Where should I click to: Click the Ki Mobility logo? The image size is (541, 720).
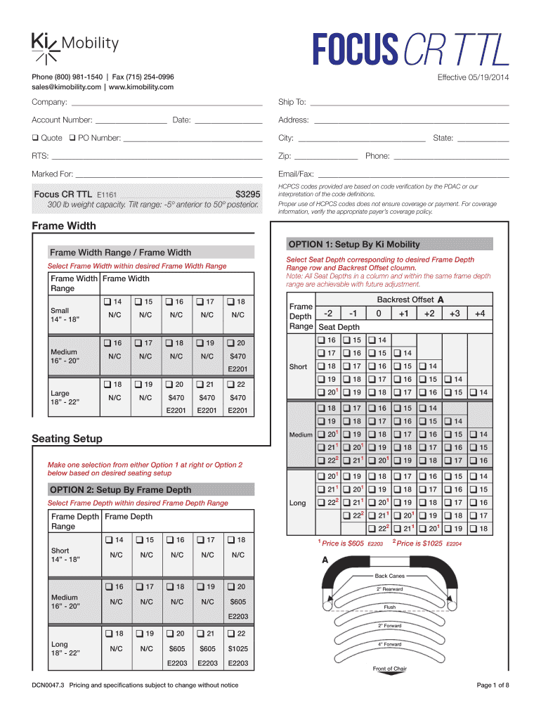tap(74, 45)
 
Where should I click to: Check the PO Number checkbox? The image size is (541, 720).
tap(71, 138)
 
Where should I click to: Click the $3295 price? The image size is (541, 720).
tap(247, 194)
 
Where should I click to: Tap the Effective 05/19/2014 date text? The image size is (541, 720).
tap(473, 77)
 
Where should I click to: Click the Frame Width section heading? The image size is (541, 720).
tap(64, 226)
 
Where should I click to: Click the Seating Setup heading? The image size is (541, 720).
tap(67, 439)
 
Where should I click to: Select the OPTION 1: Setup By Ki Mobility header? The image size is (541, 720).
tap(354, 245)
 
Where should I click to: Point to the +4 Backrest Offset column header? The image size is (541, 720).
tap(480, 313)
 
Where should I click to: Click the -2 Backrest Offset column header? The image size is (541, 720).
tap(328, 313)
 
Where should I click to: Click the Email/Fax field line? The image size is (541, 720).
tap(413, 174)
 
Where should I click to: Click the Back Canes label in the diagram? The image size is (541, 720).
tap(389, 576)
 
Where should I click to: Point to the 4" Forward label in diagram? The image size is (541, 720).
tap(389, 644)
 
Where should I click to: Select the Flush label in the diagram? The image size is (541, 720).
tap(389, 607)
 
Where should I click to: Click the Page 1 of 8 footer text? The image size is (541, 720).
tap(493, 685)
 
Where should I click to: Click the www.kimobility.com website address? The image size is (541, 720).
tap(141, 86)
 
